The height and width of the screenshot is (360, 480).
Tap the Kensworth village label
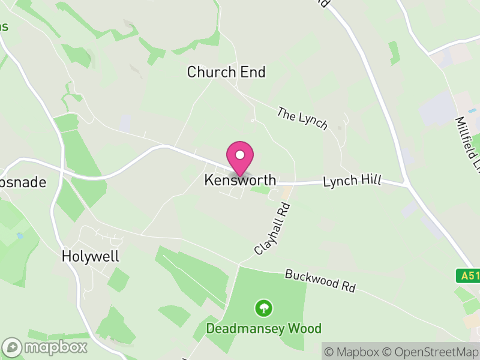pyautogui.click(x=241, y=180)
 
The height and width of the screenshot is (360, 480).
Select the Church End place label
pyautogui.click(x=226, y=73)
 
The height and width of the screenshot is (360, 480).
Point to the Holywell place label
pyautogui.click(x=91, y=257)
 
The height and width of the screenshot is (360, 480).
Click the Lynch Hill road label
pyautogui.click(x=352, y=181)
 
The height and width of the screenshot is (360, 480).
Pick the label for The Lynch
pyautogui.click(x=302, y=118)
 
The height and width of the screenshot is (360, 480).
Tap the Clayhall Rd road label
pyautogui.click(x=272, y=229)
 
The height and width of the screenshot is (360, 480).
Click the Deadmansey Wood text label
pyautogui.click(x=264, y=329)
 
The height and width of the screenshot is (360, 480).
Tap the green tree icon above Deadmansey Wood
pyautogui.click(x=263, y=309)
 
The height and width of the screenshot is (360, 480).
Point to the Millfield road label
pyautogui.click(x=466, y=141)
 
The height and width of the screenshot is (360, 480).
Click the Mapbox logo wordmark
pyautogui.click(x=56, y=347)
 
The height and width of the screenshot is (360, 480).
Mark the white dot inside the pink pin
pyautogui.click(x=240, y=155)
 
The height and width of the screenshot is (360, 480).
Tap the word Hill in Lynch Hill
pyautogui.click(x=370, y=181)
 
